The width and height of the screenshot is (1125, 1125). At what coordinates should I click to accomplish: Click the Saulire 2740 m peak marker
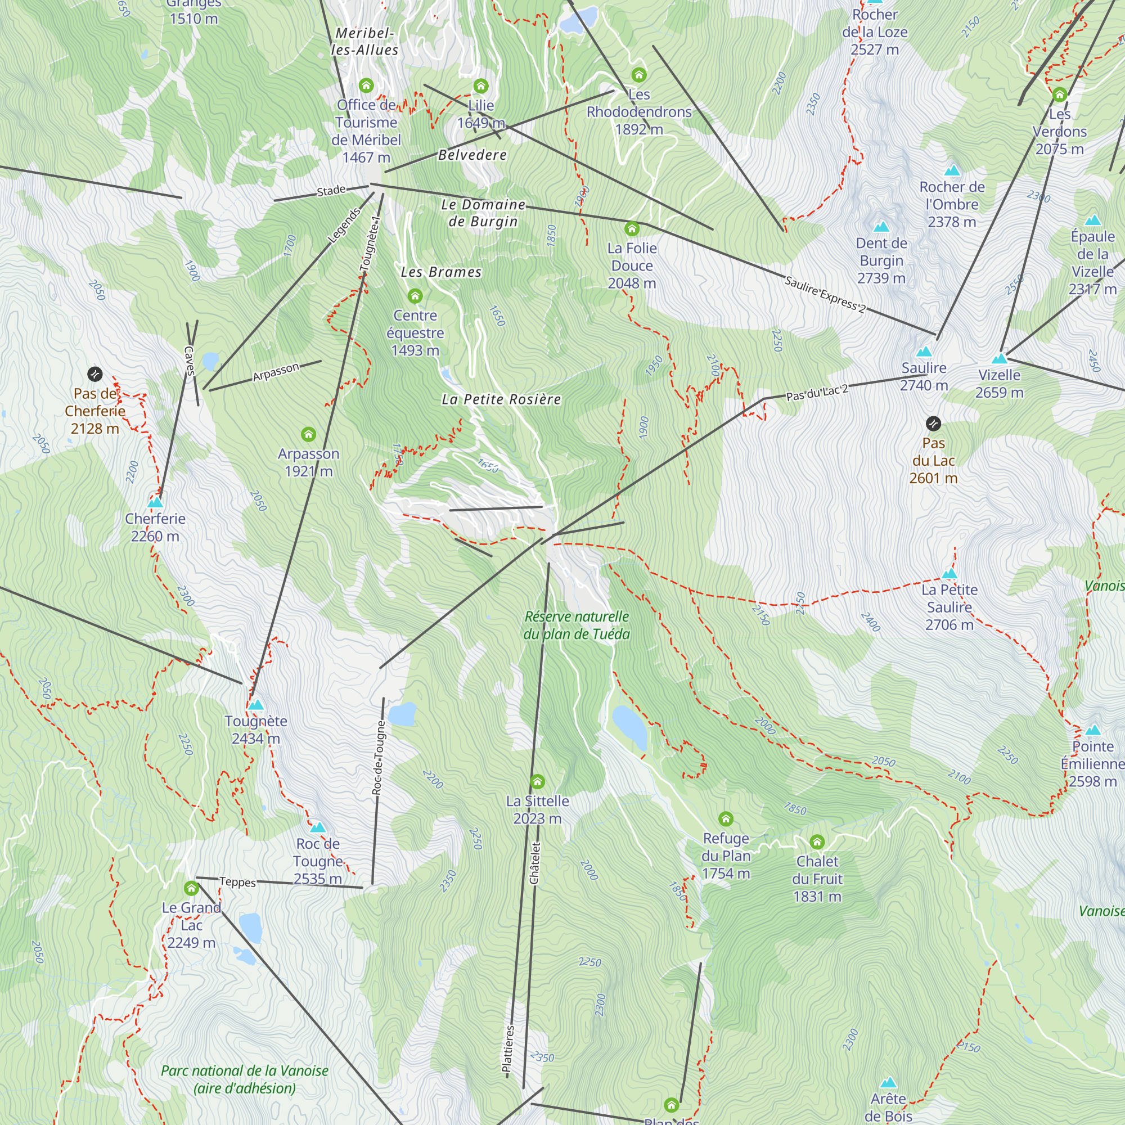pos(924,352)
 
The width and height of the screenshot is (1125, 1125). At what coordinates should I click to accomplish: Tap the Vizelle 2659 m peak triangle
pos(999,359)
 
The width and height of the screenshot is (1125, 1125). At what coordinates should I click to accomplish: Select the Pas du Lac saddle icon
pos(933,424)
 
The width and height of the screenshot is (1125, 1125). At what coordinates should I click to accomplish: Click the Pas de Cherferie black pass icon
pos(95,374)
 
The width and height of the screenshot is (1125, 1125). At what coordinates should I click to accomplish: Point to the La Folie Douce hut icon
pos(632,228)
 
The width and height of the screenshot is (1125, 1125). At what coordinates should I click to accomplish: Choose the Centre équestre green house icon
pos(415,296)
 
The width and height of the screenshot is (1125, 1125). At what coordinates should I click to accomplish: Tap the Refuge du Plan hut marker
pos(726,820)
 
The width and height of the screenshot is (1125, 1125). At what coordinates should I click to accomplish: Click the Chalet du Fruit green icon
pos(817,842)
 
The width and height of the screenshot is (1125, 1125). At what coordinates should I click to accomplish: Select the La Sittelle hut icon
pos(537,781)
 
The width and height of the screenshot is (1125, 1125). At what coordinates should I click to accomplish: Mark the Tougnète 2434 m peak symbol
pos(255,705)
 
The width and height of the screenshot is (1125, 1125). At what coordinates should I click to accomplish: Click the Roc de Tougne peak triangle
pos(317,827)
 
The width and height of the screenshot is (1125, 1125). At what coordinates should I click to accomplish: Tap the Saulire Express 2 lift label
pos(825,294)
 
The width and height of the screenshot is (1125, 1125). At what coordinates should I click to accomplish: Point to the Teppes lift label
pos(237,881)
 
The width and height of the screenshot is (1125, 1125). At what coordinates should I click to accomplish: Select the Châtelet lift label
pos(534,863)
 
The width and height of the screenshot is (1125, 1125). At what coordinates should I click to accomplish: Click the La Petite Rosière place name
pos(501,399)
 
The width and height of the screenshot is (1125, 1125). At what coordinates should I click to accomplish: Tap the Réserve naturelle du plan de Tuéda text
pos(577,625)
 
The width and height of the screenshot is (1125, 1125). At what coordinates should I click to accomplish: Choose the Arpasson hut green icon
pos(309,434)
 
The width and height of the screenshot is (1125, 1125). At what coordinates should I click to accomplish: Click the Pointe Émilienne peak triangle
pos(1093,730)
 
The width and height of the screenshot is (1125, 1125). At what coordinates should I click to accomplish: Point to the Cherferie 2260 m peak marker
pos(155,502)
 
